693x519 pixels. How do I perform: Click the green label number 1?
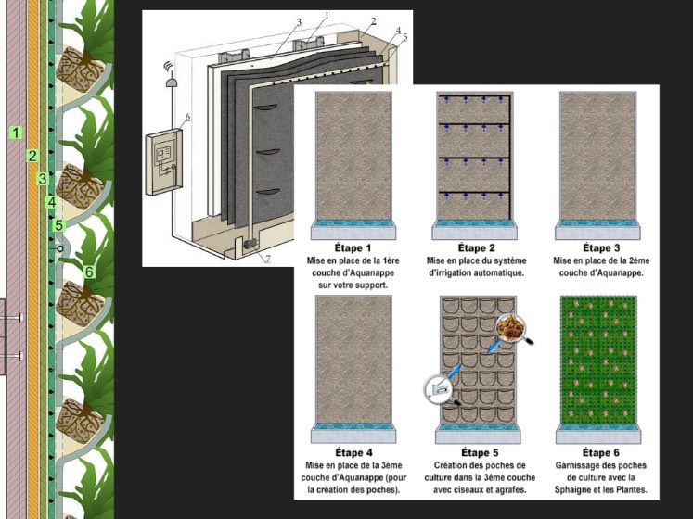[17, 133]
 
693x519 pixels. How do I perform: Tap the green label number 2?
[32, 156]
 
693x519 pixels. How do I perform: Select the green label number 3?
[43, 179]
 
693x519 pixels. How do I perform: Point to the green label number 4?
[52, 202]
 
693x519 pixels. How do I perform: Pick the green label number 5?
[59, 225]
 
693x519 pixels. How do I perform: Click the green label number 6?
[89, 272]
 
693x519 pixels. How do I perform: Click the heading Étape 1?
[353, 247]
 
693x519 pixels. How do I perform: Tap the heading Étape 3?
[601, 247]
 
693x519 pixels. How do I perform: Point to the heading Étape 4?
[353, 453]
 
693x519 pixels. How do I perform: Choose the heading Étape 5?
[480, 453]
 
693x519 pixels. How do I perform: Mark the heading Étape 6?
[601, 453]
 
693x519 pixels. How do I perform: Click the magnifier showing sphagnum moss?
[511, 328]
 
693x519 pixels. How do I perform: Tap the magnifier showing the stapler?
[439, 389]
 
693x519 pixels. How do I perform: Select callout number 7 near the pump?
[267, 259]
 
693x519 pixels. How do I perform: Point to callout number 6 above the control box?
[187, 117]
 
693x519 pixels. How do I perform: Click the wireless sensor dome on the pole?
[171, 82]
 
